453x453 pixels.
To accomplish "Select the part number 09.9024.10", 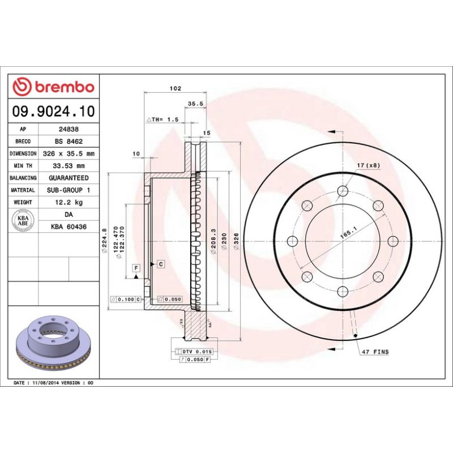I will point(54,112).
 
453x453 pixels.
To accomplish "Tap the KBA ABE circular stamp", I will point(24,219).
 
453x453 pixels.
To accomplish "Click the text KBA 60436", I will point(68,226).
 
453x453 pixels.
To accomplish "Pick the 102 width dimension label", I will point(176,88).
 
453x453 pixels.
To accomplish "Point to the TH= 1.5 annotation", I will point(163,120).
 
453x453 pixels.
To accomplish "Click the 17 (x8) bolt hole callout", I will point(369,165).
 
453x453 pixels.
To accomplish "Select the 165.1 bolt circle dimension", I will point(348,231).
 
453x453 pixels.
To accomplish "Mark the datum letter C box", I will point(161,264).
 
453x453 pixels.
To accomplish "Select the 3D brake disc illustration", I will point(54,345).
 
